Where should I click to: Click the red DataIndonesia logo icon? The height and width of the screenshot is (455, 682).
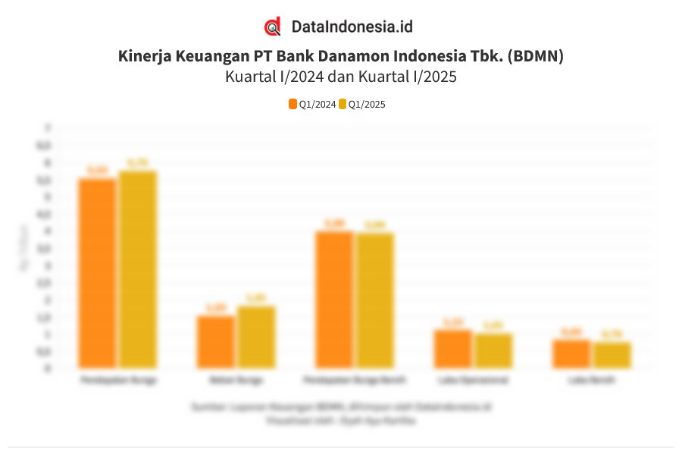[273, 27]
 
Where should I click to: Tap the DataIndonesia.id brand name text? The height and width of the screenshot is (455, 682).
[352, 27]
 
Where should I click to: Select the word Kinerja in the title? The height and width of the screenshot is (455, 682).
[144, 56]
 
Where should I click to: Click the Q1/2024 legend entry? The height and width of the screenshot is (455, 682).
[312, 105]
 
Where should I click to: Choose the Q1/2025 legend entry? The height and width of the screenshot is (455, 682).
[362, 105]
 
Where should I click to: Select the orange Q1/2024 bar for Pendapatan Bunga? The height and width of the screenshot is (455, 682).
[97, 273]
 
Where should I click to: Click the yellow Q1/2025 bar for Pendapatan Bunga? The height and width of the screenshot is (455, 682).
[137, 269]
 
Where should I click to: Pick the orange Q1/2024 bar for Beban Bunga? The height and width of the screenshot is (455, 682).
[215, 341]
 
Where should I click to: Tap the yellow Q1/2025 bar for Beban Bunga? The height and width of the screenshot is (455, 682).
[255, 337]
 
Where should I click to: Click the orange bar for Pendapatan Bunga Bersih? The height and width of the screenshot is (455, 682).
[334, 300]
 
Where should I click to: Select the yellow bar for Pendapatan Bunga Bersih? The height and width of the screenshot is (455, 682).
[374, 300]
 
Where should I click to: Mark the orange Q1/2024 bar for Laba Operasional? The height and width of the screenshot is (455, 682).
[453, 349]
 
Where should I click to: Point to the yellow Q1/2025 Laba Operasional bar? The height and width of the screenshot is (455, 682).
[493, 350]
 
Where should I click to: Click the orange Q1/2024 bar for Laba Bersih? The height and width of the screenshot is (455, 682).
[571, 353]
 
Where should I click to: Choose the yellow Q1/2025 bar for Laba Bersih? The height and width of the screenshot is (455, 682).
[612, 355]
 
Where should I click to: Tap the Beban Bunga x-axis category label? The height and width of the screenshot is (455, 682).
[235, 380]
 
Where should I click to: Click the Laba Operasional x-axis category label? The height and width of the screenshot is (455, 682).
[473, 380]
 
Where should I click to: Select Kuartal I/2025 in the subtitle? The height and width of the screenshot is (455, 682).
[408, 77]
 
